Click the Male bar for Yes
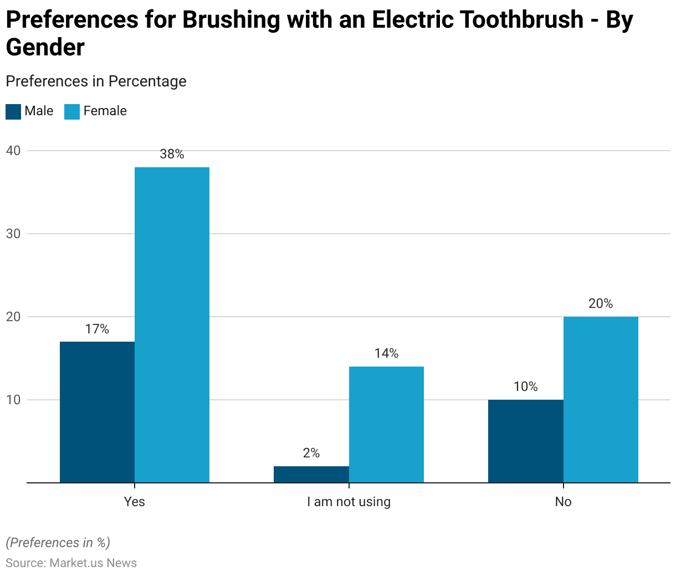tap(97, 412)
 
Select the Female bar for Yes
tap(172, 324)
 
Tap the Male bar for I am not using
tap(311, 475)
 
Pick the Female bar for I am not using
tap(386, 424)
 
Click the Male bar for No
tap(525, 441)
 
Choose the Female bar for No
tap(601, 399)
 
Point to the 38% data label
tap(172, 154)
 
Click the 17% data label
tap(97, 329)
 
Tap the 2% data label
tap(311, 454)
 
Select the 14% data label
tap(386, 354)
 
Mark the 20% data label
tap(601, 304)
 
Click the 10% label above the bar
tap(525, 387)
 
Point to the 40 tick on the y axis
tap(13, 151)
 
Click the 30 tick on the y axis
tap(13, 234)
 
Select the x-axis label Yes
tap(134, 502)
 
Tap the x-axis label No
tap(563, 502)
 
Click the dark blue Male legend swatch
tap(13, 112)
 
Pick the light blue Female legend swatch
tap(73, 112)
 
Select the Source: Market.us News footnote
tap(71, 563)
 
